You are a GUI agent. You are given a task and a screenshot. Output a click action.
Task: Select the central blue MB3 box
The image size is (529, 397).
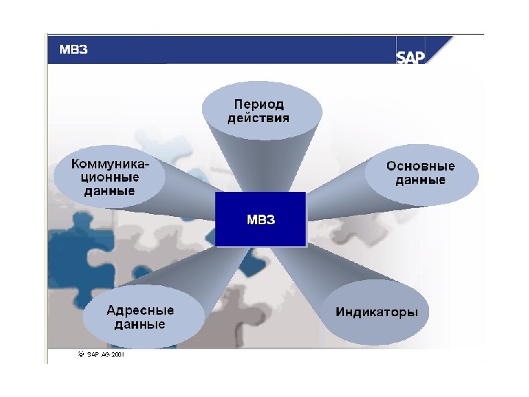point(260,219)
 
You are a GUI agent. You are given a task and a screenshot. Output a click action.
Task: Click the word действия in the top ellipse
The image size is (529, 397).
point(259,118)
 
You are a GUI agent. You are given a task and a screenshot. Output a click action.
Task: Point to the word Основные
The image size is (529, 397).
point(420,166)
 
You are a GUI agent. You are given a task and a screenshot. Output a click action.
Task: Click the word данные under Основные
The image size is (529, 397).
point(420,180)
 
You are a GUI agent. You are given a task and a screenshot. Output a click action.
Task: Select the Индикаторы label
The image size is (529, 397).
point(377,312)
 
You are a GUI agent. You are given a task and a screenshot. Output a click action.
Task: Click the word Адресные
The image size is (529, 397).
point(140,310)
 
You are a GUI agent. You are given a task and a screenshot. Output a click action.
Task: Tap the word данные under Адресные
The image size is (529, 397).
point(140,324)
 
